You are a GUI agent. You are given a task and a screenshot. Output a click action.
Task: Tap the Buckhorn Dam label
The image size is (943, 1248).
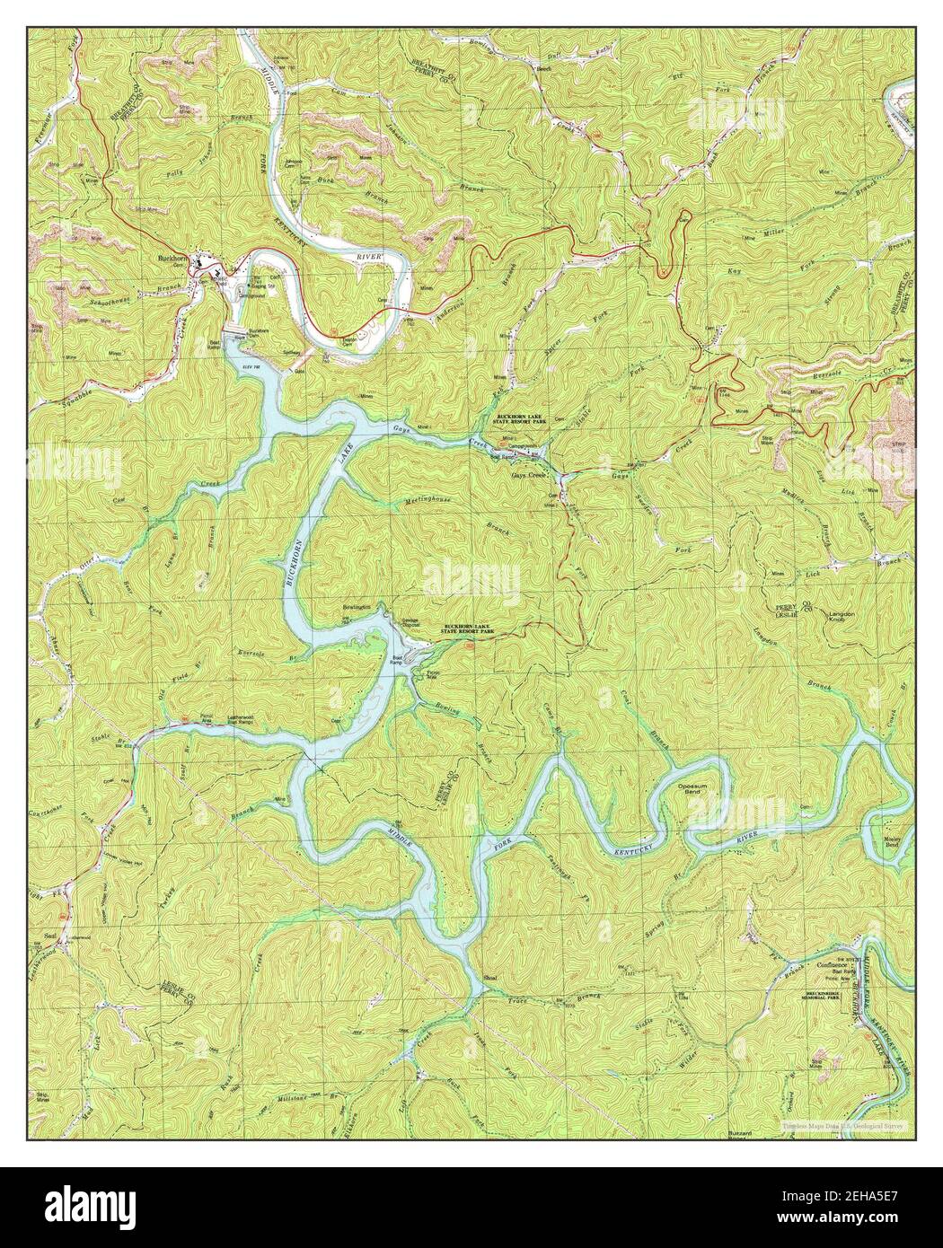260,330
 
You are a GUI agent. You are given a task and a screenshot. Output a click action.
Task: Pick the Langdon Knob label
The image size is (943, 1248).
841,616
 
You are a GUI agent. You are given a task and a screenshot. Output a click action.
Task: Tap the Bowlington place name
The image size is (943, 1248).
357,609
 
